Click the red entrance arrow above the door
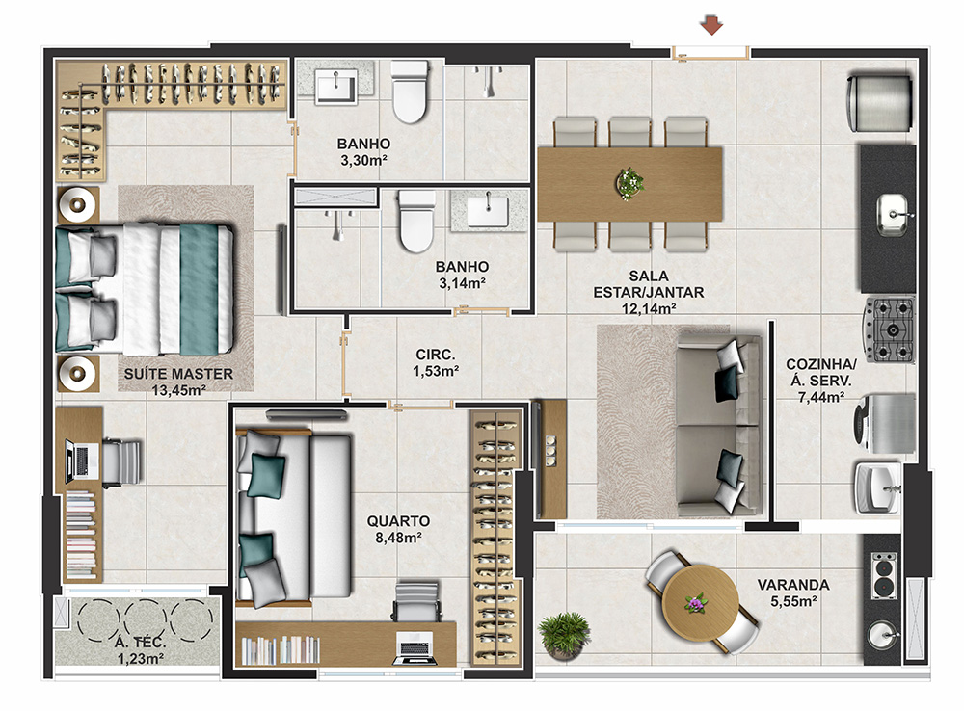(x=711, y=26)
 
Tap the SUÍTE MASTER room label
(x=178, y=374)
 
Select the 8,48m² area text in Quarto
(x=398, y=538)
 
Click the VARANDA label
(x=793, y=585)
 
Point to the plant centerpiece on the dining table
(x=629, y=182)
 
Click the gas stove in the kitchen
(x=889, y=329)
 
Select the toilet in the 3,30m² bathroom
(x=410, y=92)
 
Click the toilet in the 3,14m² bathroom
(x=416, y=222)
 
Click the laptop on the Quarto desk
(x=415, y=648)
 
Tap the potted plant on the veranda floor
(x=564, y=636)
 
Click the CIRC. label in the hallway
(x=436, y=355)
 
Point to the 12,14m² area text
(x=649, y=308)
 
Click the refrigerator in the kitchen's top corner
(x=879, y=103)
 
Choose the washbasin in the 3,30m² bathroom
(x=335, y=87)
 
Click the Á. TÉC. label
(x=140, y=643)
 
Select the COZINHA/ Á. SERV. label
(x=820, y=373)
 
